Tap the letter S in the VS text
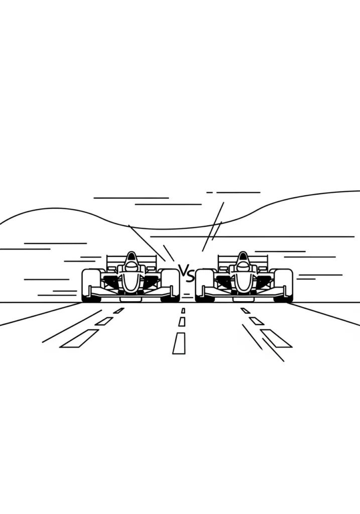point(190,276)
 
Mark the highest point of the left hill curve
point(56,208)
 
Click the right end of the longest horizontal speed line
point(354,236)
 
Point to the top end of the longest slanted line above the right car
point(223,203)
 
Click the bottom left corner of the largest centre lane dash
point(173,354)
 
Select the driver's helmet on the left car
point(131,266)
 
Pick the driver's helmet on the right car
point(243,266)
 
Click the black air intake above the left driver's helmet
point(131,256)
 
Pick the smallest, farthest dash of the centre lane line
point(183,310)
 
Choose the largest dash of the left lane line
point(79,338)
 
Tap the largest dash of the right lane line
point(276,338)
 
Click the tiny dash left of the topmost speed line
point(210,192)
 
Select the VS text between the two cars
point(187,273)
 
